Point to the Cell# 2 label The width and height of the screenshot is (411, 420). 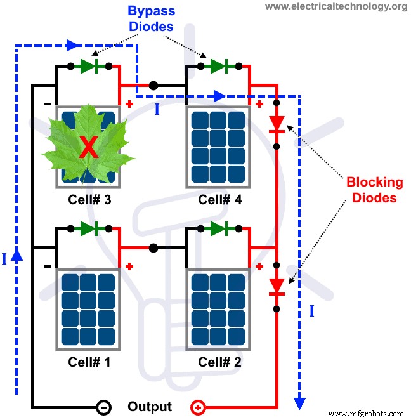pos(219,362)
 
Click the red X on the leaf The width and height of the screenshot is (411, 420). pos(88,147)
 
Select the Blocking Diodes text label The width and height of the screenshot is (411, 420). pos(374,189)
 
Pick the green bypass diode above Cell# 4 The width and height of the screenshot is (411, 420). pos(219,66)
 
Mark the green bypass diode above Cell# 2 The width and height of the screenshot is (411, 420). pos(219,228)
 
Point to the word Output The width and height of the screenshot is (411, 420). pos(150,407)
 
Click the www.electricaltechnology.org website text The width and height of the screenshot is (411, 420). pos(336,6)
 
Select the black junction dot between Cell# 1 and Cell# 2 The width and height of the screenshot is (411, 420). pos(153,247)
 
